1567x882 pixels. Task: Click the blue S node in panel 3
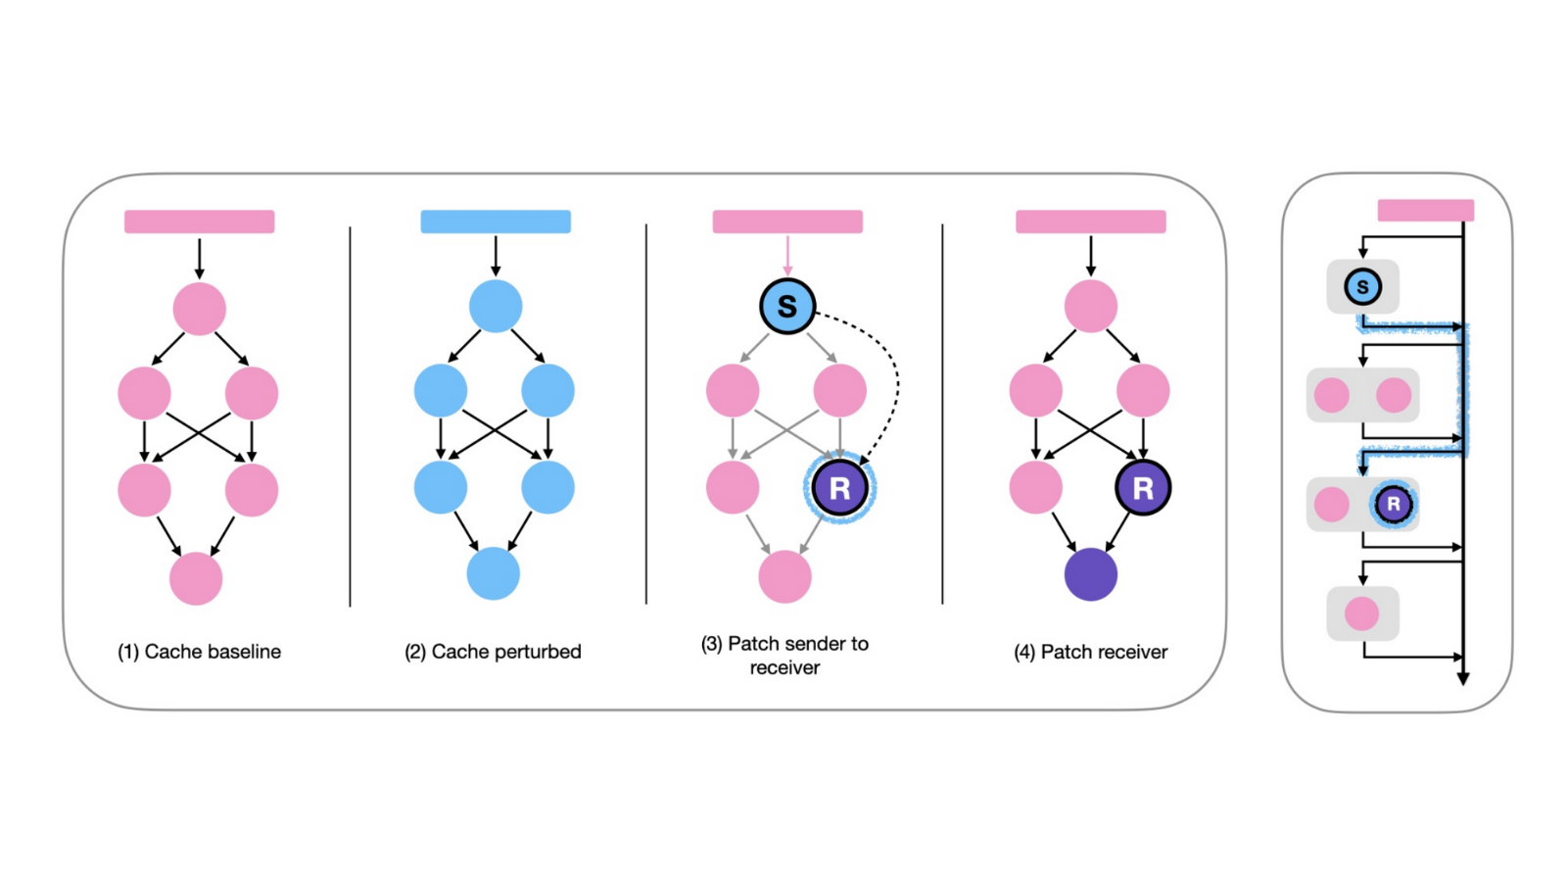pos(786,306)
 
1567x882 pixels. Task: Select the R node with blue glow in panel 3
pos(839,488)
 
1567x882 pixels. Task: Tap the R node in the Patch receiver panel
pos(1142,487)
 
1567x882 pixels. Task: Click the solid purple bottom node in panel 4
pos(1090,574)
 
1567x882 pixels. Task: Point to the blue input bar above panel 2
pos(496,221)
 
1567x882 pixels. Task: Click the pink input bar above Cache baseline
pos(199,221)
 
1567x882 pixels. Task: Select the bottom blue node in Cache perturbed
pos(493,574)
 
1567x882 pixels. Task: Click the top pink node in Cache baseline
pos(199,309)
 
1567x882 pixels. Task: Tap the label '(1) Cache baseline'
pos(199,652)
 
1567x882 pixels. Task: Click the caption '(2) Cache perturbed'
pos(493,652)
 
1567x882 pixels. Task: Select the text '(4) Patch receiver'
pos(1090,652)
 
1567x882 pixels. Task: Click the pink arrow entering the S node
pos(786,257)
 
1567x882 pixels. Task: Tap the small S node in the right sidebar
pos(1362,287)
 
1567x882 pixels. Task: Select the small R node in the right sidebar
pos(1393,504)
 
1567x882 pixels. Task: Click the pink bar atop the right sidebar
pos(1425,210)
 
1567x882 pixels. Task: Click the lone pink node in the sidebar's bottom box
pos(1361,613)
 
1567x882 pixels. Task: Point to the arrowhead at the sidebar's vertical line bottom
pos(1462,677)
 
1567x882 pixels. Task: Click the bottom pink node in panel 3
pos(784,576)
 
